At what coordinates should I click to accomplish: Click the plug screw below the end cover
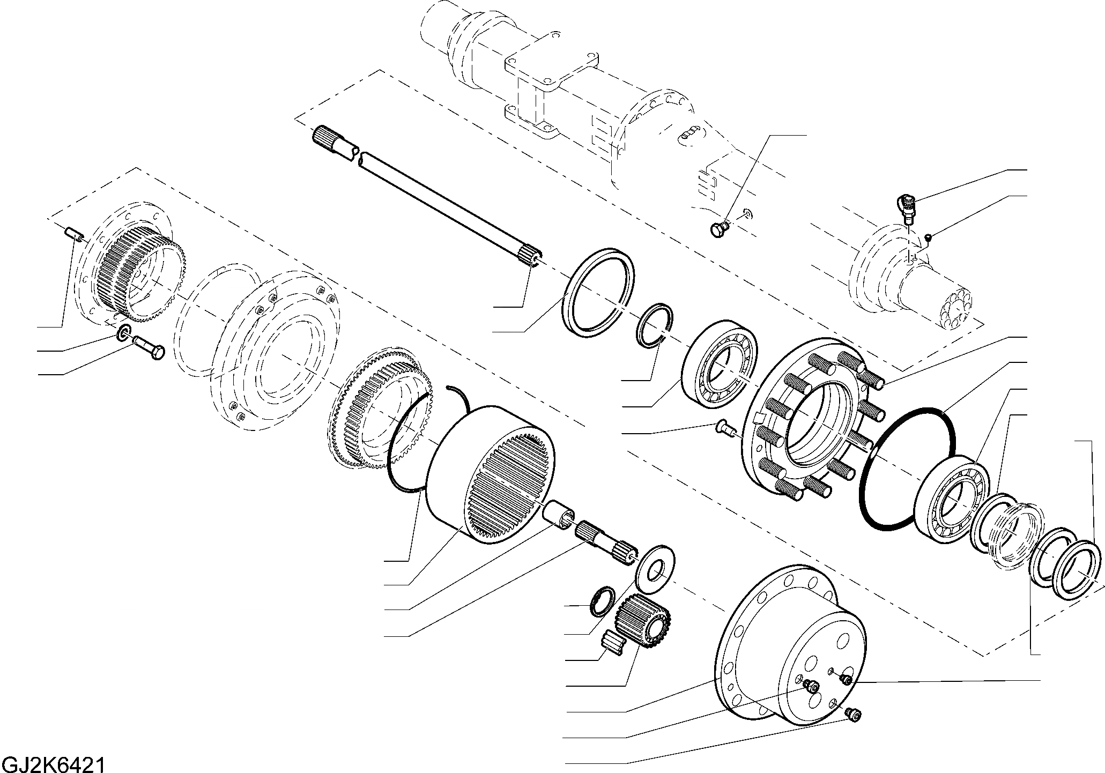tap(852, 713)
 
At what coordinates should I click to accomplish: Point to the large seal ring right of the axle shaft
tap(599, 292)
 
